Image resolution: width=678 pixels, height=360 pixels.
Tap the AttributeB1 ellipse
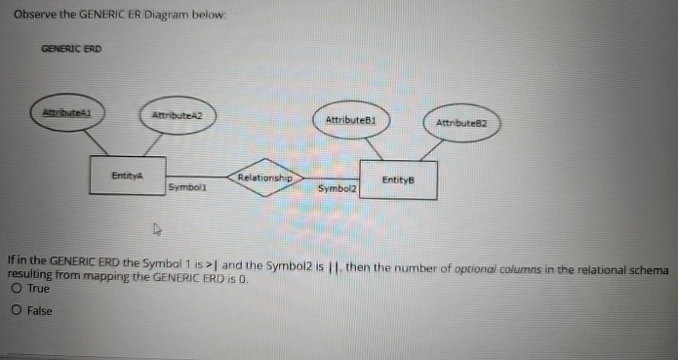(350, 120)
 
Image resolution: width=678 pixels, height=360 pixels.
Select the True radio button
(18, 290)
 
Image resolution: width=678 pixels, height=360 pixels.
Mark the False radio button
(18, 310)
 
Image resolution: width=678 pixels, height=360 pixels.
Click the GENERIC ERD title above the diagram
(71, 48)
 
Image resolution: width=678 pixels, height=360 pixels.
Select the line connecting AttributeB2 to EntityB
(430, 152)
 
